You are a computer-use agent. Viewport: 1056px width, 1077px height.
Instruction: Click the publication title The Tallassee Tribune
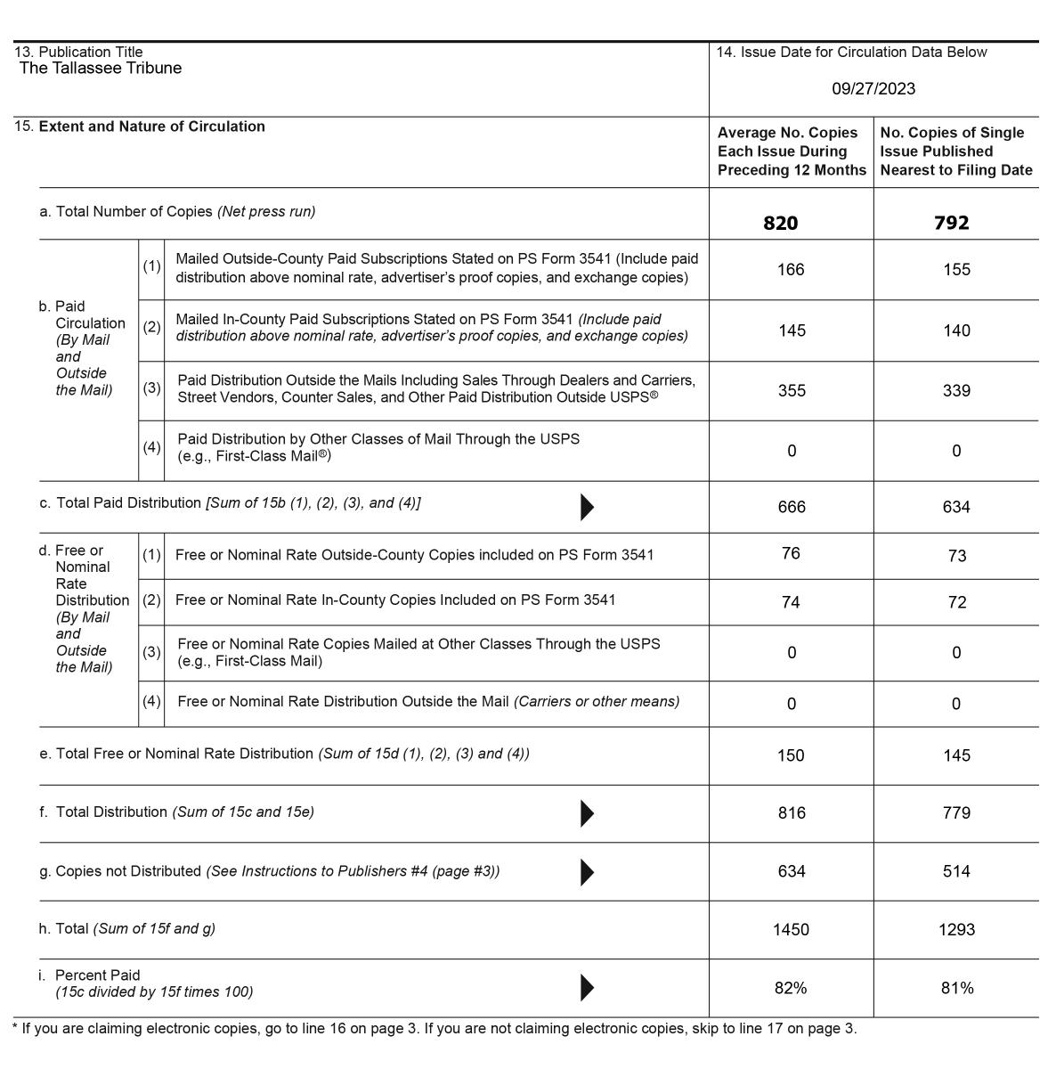point(101,69)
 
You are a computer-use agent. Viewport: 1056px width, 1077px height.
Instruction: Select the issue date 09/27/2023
point(873,88)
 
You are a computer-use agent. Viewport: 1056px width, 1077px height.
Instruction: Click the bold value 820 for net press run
point(780,223)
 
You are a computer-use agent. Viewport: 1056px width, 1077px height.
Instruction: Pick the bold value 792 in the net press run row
point(951,223)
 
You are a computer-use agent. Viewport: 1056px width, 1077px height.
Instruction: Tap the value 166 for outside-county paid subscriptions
point(791,269)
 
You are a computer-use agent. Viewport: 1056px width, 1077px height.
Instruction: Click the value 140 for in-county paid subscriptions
point(956,330)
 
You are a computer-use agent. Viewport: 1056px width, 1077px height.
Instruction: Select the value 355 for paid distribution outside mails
point(792,390)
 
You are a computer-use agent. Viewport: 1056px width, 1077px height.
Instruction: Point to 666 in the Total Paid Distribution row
point(792,507)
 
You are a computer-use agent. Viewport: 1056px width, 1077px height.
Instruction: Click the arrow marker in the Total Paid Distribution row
point(587,507)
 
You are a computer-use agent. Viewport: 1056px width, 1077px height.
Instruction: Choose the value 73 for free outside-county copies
point(957,556)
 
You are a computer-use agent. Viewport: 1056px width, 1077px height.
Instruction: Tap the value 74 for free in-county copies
point(791,602)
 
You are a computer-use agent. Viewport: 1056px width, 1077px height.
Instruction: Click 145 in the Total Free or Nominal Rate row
point(956,755)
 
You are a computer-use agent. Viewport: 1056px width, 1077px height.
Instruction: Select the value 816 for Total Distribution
point(792,812)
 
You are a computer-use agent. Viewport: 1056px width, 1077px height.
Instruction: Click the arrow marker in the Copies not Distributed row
point(587,872)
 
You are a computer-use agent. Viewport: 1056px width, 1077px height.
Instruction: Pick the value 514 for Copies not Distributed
point(956,871)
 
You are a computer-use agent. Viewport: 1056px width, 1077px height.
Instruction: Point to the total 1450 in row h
point(791,929)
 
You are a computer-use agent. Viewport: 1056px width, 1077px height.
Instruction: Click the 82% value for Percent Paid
point(791,988)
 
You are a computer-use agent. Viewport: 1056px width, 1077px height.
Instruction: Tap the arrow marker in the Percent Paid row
point(587,987)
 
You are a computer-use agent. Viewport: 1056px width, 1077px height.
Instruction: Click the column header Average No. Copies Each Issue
point(792,151)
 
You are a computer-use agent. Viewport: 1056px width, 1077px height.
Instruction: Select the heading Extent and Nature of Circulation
point(151,126)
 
